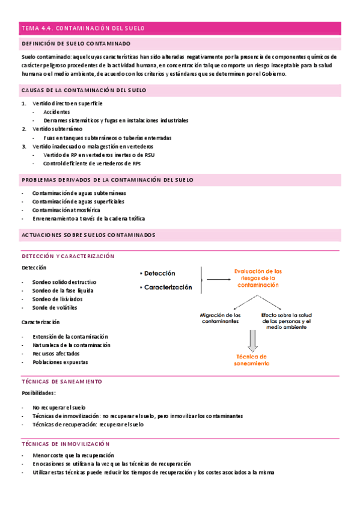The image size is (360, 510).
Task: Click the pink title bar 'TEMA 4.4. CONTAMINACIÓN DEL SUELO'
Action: (x=180, y=28)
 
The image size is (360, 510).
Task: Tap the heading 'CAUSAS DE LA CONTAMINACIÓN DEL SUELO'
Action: (x=84, y=90)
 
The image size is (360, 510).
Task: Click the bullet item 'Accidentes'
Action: (x=56, y=112)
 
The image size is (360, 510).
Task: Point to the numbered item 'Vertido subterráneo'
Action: (x=58, y=129)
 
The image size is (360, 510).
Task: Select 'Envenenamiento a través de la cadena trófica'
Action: (x=88, y=219)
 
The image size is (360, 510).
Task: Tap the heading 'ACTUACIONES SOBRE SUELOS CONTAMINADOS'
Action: (x=88, y=235)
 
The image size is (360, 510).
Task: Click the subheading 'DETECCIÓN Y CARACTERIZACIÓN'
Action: (x=68, y=256)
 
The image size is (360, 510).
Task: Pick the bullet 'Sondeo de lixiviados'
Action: (x=58, y=299)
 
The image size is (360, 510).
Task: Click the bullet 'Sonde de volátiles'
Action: (x=55, y=307)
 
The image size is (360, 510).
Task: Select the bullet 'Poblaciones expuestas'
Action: (x=60, y=362)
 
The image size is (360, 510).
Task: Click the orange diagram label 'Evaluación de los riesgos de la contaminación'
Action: (x=258, y=278)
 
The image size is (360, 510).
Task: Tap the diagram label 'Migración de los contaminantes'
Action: (x=220, y=318)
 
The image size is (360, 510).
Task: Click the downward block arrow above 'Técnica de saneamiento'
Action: (x=252, y=340)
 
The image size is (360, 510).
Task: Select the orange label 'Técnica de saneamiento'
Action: (x=252, y=360)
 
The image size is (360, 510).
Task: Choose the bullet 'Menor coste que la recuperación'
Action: (x=73, y=455)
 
